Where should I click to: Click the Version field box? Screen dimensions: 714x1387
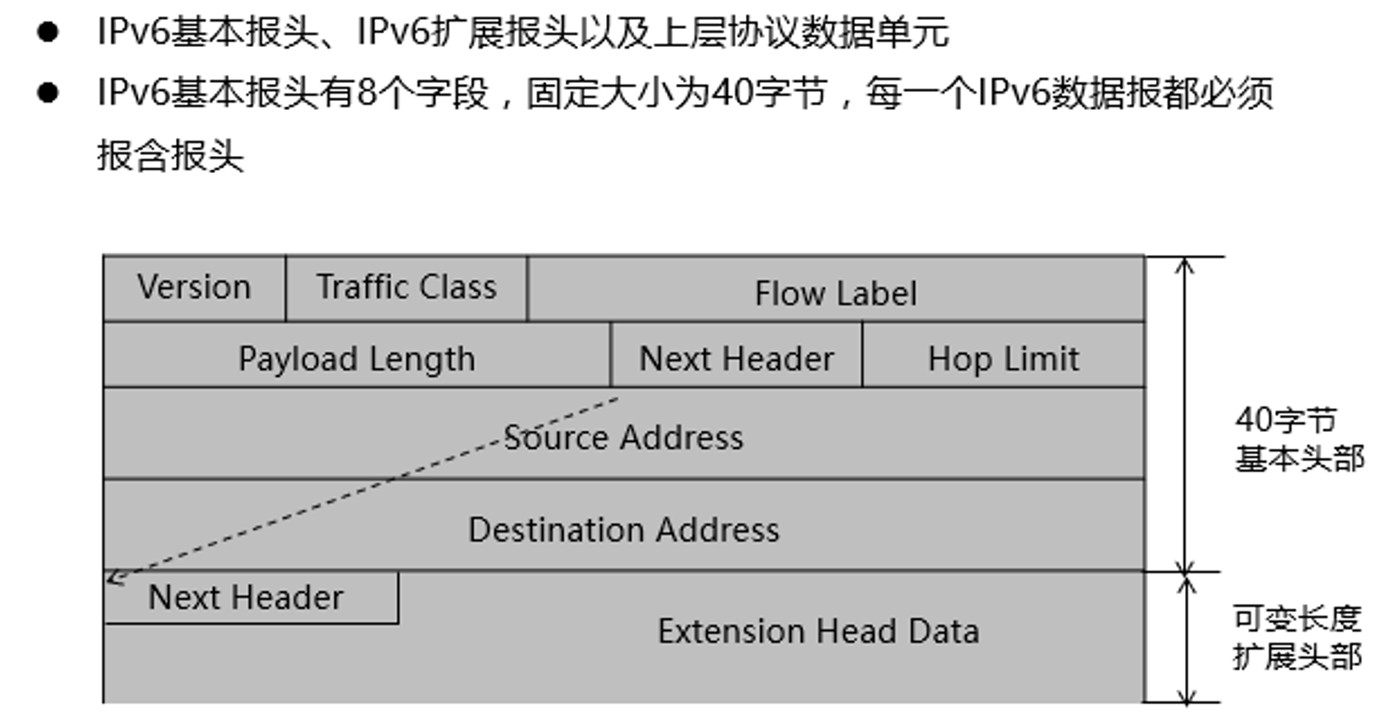tap(194, 288)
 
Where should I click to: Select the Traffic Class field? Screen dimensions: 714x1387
tap(406, 288)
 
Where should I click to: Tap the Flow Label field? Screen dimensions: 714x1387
tap(835, 293)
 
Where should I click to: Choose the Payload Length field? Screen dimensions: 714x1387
tap(356, 359)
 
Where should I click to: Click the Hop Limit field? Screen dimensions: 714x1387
tap(1003, 359)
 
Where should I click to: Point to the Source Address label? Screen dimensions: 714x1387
tap(623, 438)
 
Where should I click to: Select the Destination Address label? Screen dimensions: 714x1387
tap(623, 529)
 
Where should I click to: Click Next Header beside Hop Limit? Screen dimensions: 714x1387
tap(736, 359)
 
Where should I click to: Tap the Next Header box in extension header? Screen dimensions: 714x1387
tap(246, 598)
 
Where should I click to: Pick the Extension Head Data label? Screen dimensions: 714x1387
tap(818, 631)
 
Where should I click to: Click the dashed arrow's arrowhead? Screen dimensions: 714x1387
tap(113, 578)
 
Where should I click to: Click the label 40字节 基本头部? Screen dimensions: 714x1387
tap(1297, 439)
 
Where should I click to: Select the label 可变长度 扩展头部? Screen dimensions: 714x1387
tap(1296, 637)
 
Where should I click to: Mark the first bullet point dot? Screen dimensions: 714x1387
tap(48, 33)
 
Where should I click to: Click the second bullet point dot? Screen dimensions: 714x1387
tap(48, 93)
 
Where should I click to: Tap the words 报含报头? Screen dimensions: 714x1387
tap(170, 155)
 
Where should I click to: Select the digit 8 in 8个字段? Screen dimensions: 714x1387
tap(366, 93)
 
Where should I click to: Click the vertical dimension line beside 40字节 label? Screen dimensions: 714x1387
tap(1186, 415)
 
